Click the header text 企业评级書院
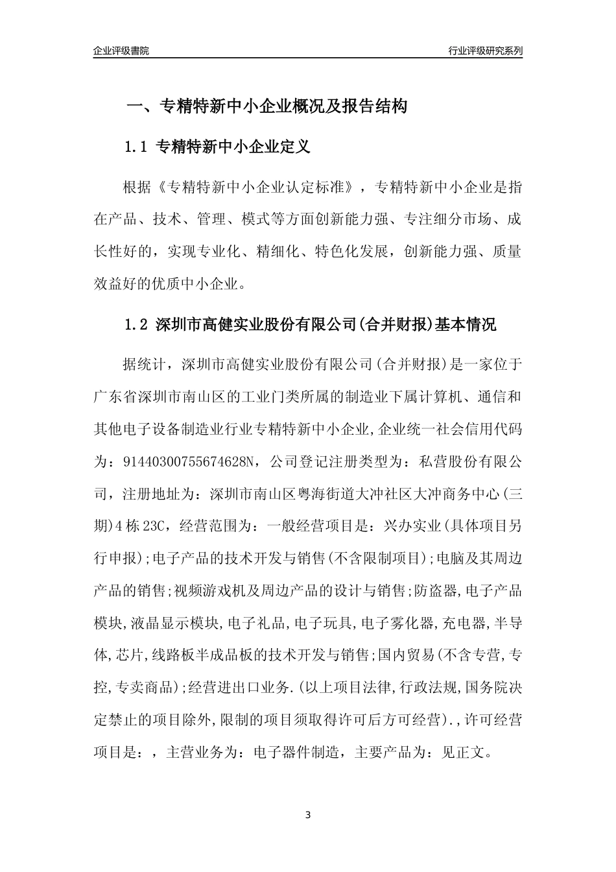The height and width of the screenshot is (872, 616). pyautogui.click(x=121, y=51)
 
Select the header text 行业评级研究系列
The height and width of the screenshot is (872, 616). pyautogui.click(x=485, y=51)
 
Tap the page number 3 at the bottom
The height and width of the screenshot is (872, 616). pyautogui.click(x=308, y=814)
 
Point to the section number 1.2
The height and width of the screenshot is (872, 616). pyautogui.click(x=137, y=324)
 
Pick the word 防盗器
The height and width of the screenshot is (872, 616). pyautogui.click(x=435, y=591)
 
